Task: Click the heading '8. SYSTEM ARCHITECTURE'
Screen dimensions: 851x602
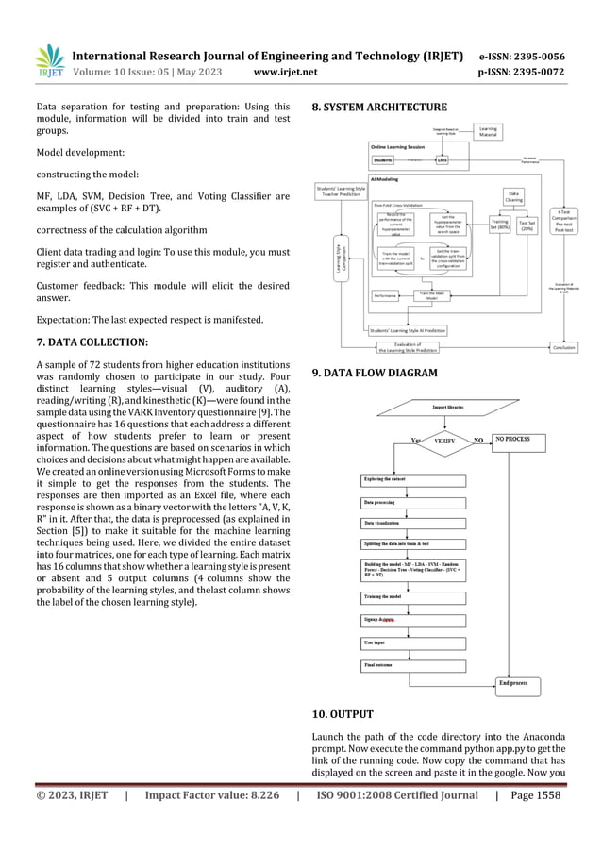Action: (372, 108)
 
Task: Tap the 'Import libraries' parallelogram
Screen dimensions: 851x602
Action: (446, 407)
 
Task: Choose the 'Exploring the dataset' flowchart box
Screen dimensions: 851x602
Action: (413, 478)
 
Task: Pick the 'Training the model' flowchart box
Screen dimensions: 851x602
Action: (413, 596)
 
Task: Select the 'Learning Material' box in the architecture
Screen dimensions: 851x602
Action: (488, 131)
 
